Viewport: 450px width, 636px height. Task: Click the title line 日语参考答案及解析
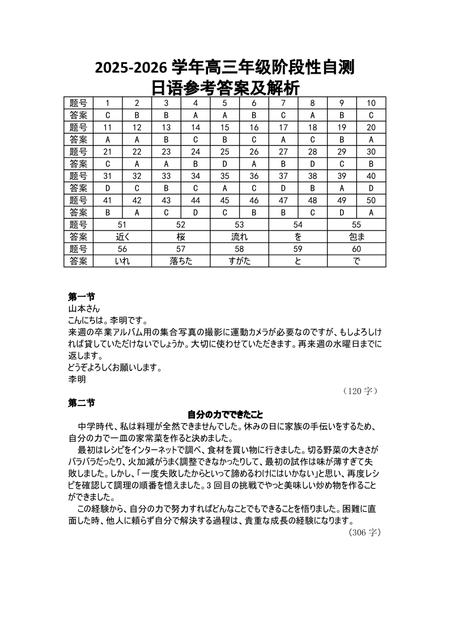pyautogui.click(x=225, y=88)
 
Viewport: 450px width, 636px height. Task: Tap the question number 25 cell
pyautogui.click(x=224, y=152)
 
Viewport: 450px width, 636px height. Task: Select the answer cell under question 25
pyautogui.click(x=224, y=164)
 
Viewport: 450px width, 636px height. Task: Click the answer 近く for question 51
pyautogui.click(x=122, y=237)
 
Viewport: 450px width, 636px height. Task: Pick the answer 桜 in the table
pyautogui.click(x=181, y=237)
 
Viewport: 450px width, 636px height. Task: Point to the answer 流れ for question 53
pyautogui.click(x=239, y=237)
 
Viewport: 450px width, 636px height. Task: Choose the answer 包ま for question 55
pyautogui.click(x=356, y=237)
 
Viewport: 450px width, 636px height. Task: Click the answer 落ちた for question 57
pyautogui.click(x=181, y=261)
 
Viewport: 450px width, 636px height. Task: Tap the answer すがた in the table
pyautogui.click(x=239, y=261)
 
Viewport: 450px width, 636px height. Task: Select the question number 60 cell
pyautogui.click(x=356, y=249)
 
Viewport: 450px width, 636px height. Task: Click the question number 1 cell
pyautogui.click(x=108, y=103)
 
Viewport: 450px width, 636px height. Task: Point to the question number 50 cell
pyautogui.click(x=371, y=200)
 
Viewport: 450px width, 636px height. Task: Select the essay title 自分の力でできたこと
pyautogui.click(x=225, y=415)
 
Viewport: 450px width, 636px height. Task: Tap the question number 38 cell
pyautogui.click(x=312, y=176)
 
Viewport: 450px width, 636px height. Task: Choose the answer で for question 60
pyautogui.click(x=356, y=261)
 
